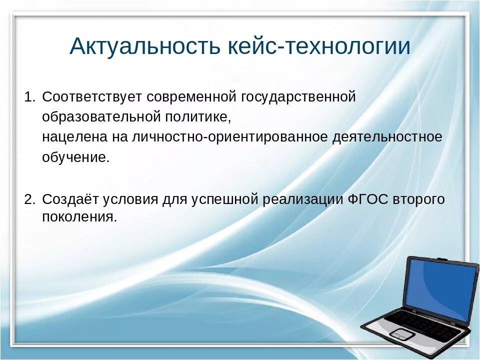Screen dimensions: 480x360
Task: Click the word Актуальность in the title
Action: (145, 46)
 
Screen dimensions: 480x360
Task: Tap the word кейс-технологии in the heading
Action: (319, 46)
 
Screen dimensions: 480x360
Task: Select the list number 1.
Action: (29, 96)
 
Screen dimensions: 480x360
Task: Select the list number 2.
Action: (30, 199)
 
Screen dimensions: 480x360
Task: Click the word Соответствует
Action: (92, 97)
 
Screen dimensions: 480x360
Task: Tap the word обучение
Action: (75, 157)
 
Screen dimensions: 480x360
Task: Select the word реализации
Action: (303, 200)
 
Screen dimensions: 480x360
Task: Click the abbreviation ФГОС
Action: (368, 199)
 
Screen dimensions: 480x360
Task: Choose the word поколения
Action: (79, 217)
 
